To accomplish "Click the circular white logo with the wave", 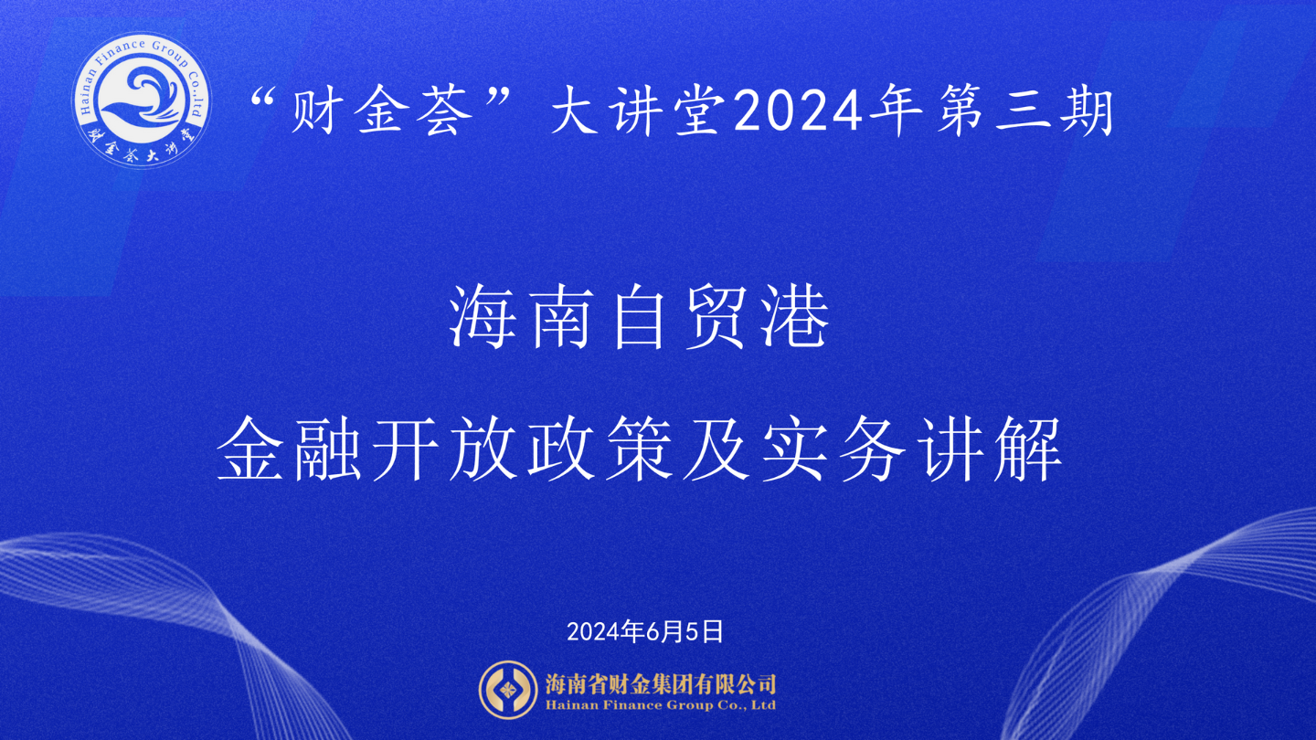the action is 141,100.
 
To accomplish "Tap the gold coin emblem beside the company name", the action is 508,690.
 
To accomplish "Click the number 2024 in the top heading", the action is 798,111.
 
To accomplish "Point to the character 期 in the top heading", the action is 1087,111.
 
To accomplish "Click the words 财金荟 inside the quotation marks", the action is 382,111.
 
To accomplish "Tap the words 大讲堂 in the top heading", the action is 639,111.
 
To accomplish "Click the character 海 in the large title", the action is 483,318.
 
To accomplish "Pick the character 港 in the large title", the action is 795,318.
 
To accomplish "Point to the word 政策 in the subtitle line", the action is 600,449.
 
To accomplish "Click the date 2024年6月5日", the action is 645,631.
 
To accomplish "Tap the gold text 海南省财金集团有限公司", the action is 661,684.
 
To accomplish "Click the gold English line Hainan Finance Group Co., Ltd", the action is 661,705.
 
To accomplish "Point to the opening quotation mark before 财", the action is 264,98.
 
